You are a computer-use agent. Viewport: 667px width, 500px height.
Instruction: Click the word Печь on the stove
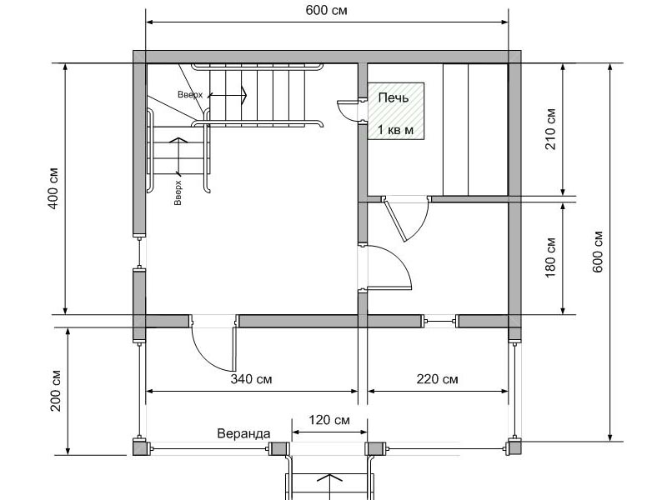[x=394, y=97]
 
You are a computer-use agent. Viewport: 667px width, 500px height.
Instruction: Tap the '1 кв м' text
[x=395, y=130]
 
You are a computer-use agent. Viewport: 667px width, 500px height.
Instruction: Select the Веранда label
[x=243, y=433]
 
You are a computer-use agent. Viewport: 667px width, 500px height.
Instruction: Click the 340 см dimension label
[x=251, y=378]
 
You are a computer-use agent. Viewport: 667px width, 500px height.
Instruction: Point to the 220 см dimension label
[x=437, y=378]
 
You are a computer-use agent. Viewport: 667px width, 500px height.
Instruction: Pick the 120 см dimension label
[x=329, y=420]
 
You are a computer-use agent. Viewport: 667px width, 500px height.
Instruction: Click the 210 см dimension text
[x=550, y=129]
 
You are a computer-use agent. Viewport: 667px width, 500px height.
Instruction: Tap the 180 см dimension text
[x=550, y=257]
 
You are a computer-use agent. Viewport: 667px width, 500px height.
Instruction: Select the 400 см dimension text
[x=53, y=189]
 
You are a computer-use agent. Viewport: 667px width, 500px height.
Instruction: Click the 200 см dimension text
[x=56, y=391]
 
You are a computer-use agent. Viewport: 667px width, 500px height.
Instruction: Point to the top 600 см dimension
[x=326, y=10]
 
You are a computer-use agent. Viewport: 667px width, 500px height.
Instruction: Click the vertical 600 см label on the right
[x=597, y=252]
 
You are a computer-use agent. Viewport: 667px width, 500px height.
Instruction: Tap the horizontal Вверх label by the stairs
[x=190, y=94]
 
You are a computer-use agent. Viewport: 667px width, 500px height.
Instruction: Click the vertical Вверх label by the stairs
[x=178, y=192]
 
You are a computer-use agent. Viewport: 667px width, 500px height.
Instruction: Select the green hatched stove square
[x=396, y=111]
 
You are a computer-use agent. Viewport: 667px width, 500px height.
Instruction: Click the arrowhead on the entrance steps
[x=329, y=477]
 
